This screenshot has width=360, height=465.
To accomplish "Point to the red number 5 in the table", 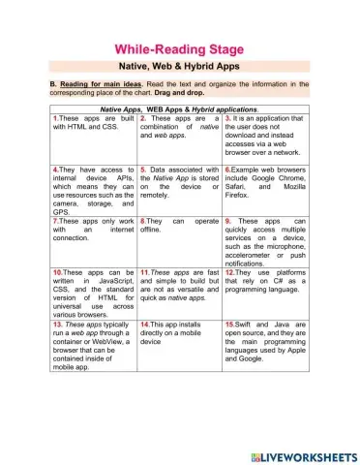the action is pos(143,169).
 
